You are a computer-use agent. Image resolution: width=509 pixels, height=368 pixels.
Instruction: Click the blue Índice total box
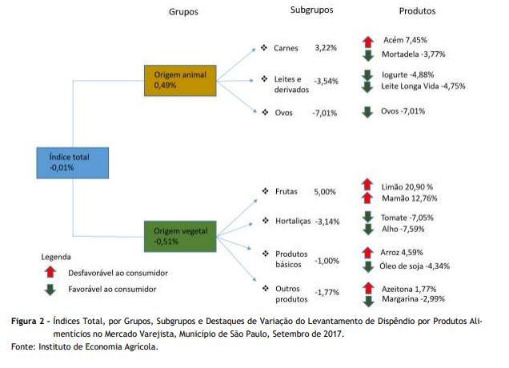(x=72, y=163)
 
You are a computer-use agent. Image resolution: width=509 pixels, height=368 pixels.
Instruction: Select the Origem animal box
(x=180, y=81)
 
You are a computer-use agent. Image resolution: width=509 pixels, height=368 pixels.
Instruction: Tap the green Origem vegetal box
(x=180, y=236)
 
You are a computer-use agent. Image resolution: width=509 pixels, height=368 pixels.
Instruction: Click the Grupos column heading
(x=183, y=12)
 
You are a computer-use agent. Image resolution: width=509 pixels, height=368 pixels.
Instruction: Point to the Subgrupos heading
(x=311, y=10)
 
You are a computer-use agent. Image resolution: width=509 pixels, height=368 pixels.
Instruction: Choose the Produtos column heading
(x=417, y=11)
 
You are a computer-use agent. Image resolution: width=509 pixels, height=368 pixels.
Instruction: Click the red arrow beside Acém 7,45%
(x=368, y=42)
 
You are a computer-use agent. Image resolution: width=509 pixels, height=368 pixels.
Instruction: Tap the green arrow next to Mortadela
(x=368, y=55)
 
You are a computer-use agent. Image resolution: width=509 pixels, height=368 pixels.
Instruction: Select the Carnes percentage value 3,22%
(x=326, y=48)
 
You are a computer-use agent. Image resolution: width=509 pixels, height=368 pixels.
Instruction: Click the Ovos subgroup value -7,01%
(x=325, y=113)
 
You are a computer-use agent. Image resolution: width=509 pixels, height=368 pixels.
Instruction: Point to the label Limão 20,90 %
(x=407, y=187)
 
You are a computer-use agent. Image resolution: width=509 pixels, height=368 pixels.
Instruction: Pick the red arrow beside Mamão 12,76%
(x=367, y=198)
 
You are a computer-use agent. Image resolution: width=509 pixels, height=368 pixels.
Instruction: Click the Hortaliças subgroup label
(x=293, y=222)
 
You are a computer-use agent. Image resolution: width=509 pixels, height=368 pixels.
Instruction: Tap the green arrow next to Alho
(x=368, y=229)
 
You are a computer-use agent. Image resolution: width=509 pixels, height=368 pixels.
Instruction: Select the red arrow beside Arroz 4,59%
(x=368, y=253)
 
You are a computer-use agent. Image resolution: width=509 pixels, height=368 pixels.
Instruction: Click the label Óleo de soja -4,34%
(x=415, y=266)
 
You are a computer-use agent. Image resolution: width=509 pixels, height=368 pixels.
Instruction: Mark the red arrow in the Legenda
(x=50, y=272)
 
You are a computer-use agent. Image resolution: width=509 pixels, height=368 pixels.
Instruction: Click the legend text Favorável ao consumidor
(x=112, y=289)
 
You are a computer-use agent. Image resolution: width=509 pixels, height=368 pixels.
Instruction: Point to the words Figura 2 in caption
(x=27, y=322)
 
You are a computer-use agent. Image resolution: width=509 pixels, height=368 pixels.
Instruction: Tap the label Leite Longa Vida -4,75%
(x=423, y=86)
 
